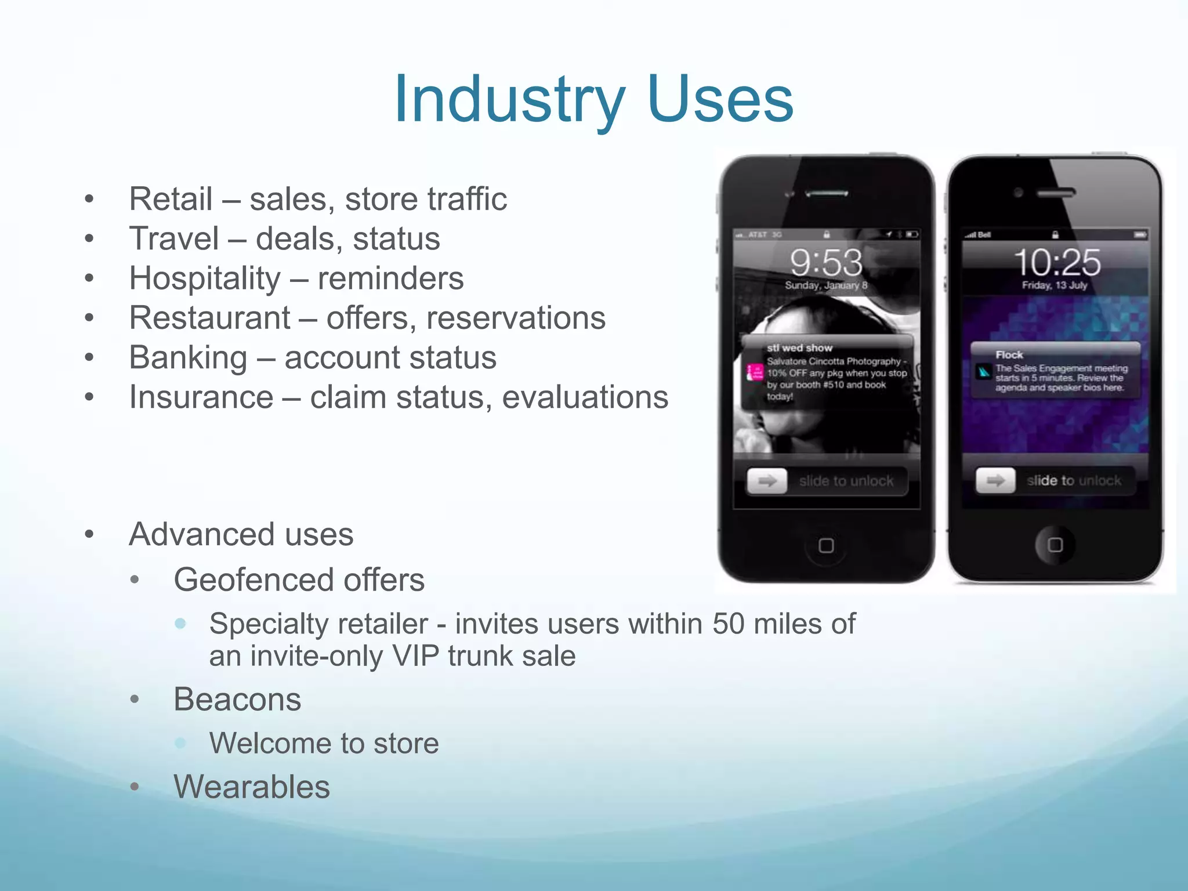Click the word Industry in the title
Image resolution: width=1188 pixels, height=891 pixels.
(509, 100)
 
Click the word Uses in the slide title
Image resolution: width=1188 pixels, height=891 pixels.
(719, 100)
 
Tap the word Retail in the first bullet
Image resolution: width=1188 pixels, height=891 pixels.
(171, 199)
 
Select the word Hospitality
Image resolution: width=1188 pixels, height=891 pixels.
(205, 278)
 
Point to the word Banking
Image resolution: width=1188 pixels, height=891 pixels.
(188, 357)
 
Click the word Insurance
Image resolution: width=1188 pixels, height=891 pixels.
(201, 397)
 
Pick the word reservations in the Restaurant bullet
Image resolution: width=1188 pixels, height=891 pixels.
(516, 318)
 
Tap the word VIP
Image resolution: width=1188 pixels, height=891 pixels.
(415, 656)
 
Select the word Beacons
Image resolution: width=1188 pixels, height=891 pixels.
(237, 699)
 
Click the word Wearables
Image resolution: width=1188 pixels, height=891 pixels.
(252, 787)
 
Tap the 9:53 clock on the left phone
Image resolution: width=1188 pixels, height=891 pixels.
(826, 262)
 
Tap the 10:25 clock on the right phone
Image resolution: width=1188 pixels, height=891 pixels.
(1057, 262)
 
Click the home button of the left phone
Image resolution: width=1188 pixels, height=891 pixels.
(826, 545)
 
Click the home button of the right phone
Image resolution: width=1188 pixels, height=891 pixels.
(1055, 545)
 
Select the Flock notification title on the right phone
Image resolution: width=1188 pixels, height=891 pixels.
(1009, 354)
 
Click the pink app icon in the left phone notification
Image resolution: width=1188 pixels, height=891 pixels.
(755, 372)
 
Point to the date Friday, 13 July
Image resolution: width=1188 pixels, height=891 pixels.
(1055, 285)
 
